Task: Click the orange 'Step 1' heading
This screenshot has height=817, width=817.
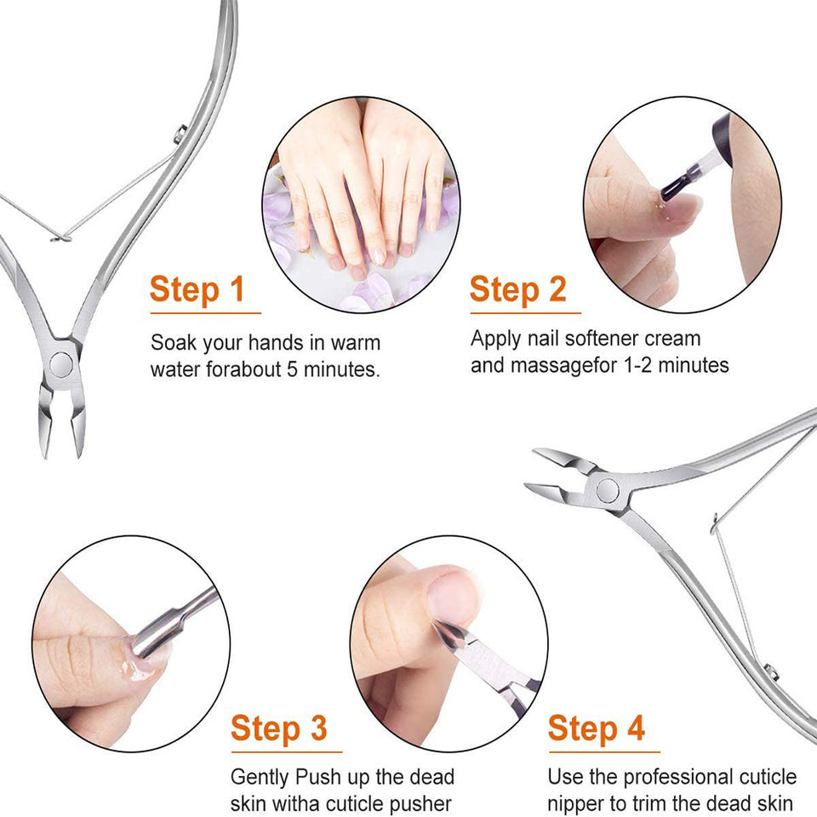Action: (197, 289)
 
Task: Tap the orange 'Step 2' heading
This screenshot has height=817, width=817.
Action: (518, 289)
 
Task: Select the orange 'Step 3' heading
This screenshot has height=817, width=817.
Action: (279, 728)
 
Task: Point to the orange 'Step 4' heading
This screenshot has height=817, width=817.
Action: (597, 728)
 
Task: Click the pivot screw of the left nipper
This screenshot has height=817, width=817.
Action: (61, 364)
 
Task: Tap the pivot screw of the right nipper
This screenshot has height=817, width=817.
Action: (608, 488)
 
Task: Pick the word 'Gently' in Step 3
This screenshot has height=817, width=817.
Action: (260, 777)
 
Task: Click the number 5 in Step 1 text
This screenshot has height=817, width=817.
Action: (292, 369)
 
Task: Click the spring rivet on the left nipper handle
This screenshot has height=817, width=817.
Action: (180, 134)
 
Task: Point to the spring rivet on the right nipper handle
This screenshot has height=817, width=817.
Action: (771, 672)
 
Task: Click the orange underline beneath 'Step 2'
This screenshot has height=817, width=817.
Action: (525, 314)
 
